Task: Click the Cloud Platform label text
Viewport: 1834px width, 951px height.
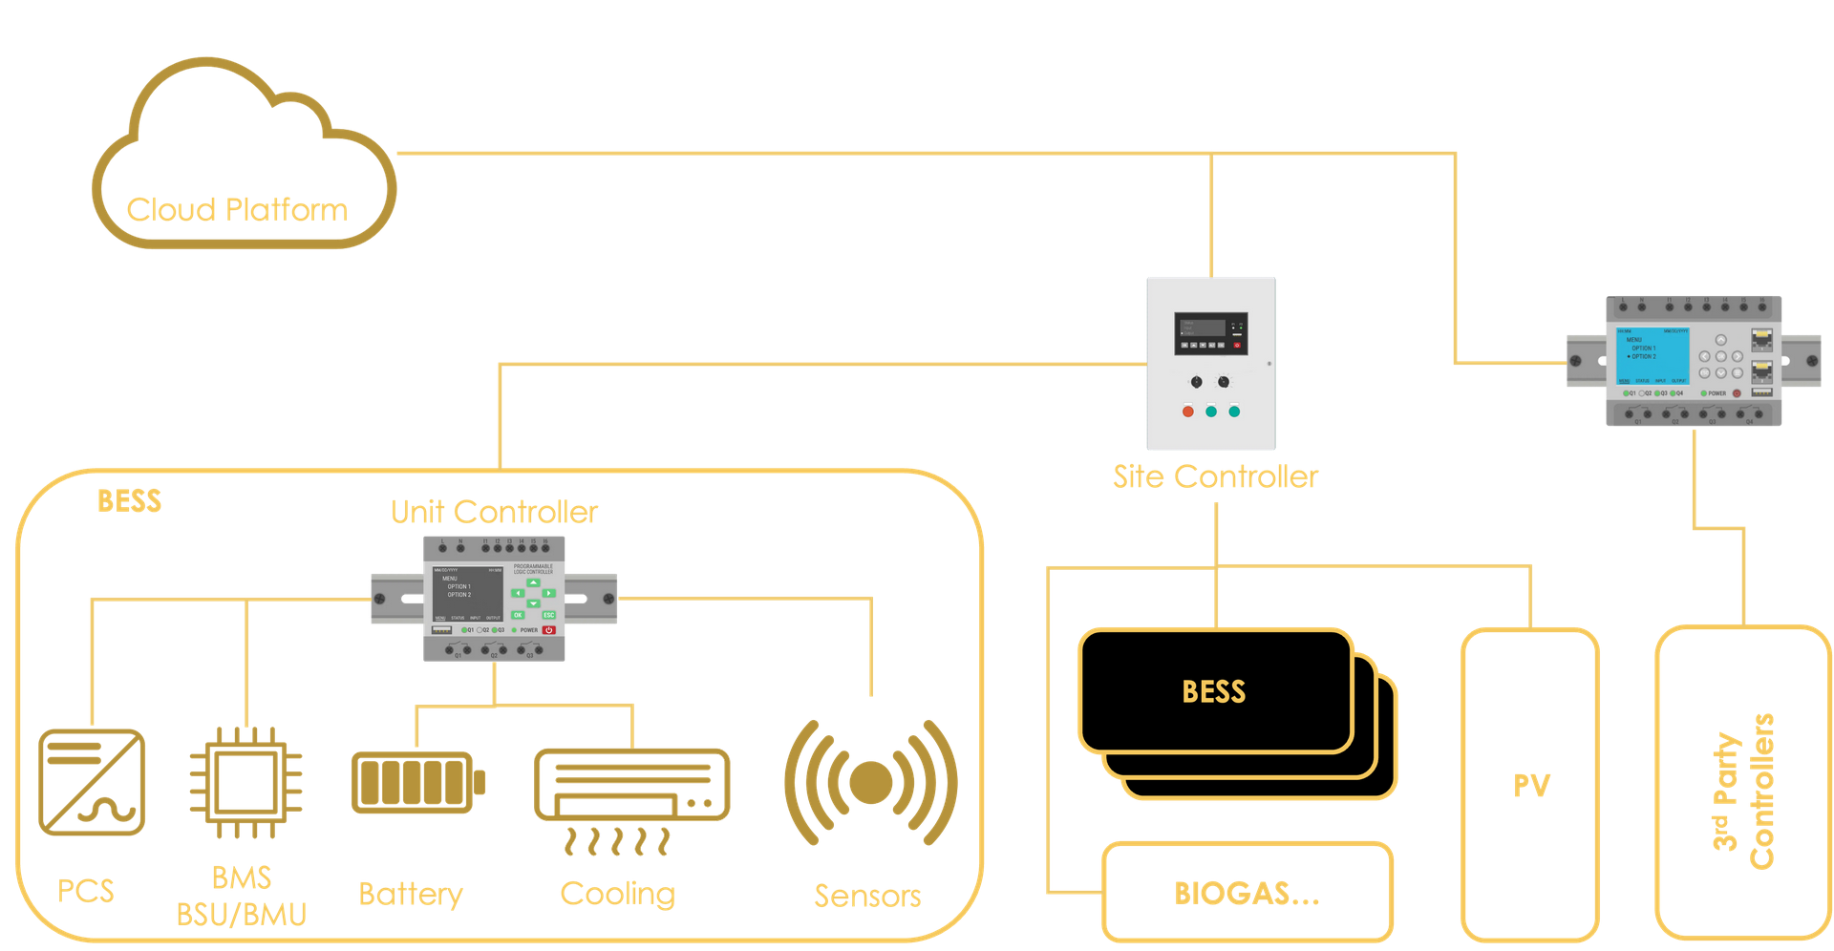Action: [236, 209]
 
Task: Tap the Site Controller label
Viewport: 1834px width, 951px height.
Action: [1215, 476]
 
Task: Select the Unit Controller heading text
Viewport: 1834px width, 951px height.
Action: [494, 512]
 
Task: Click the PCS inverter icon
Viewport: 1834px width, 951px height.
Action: [92, 782]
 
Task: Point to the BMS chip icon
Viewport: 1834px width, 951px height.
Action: [245, 782]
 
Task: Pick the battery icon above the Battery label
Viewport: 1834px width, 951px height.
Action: [417, 782]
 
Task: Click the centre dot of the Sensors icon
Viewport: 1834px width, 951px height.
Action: [870, 782]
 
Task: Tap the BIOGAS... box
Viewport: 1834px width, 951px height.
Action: [1247, 893]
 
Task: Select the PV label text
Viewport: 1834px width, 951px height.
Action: [1531, 785]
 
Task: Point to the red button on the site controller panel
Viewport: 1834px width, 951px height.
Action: [1188, 412]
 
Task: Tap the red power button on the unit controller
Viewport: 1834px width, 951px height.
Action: [549, 630]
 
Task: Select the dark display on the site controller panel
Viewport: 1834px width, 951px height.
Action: [1201, 328]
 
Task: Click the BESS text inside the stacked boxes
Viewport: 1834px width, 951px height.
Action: [1214, 691]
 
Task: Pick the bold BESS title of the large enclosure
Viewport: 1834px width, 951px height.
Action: [129, 501]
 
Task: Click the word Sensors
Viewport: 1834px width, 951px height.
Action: [867, 896]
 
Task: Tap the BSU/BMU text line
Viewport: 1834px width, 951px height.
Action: [242, 914]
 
